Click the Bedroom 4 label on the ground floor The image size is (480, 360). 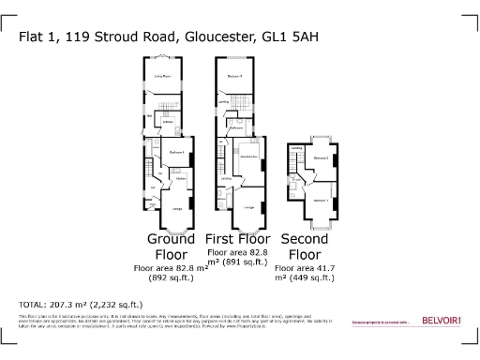[174, 153]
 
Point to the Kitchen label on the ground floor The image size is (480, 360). [182, 177]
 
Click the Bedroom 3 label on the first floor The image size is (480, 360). [235, 74]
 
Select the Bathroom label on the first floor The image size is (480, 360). [237, 127]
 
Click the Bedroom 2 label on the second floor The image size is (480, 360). [321, 158]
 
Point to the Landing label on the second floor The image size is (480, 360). [296, 148]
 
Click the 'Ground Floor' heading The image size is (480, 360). [171, 247]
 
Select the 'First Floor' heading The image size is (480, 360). [238, 239]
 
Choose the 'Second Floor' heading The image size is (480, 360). [307, 247]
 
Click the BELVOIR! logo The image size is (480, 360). [440, 322]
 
